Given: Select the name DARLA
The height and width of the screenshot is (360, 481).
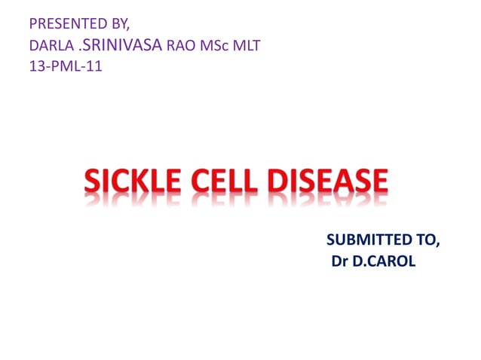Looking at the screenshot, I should click(x=51, y=46).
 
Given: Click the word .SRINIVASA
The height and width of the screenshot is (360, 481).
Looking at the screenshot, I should click(x=118, y=45).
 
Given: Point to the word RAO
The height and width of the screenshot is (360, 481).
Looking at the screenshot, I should click(x=180, y=46).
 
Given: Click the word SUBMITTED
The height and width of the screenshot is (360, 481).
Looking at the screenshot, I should click(x=364, y=240).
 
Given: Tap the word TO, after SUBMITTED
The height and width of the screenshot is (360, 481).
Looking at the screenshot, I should click(x=424, y=240).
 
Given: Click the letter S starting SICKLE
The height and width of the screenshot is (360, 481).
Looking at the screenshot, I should click(x=93, y=182).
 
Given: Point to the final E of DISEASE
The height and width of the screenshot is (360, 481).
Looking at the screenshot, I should click(x=378, y=182).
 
